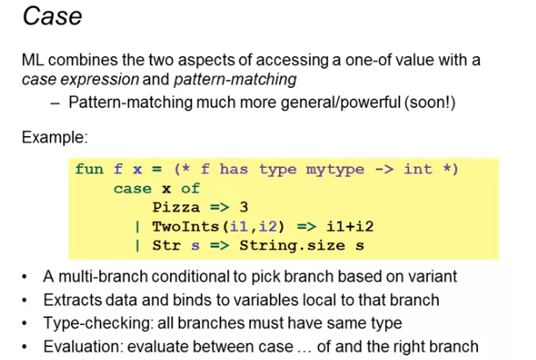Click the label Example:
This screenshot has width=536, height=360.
pos(53,138)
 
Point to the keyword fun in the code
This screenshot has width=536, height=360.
pos(89,169)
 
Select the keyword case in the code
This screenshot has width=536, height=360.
pos(132,189)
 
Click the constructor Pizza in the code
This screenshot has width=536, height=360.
pos(176,208)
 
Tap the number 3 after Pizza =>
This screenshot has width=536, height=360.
pos(246,208)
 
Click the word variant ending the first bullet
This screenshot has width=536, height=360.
pos(432,277)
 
